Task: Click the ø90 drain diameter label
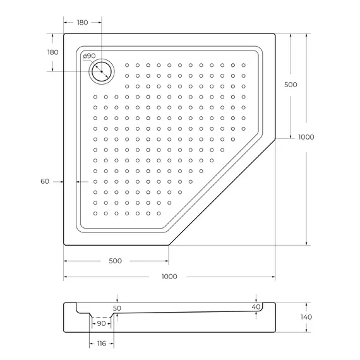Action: (90, 56)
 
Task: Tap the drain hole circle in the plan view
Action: (101, 73)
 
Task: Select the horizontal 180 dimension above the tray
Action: (82, 23)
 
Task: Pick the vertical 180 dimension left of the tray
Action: (53, 52)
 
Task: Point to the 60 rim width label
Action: (45, 181)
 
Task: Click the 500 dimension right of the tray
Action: (291, 85)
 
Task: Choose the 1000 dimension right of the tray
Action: (306, 137)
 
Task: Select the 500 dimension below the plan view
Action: (116, 261)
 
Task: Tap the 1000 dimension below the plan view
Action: (169, 276)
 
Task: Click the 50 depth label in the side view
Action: (117, 308)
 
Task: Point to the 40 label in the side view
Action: (256, 307)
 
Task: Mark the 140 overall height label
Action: (306, 317)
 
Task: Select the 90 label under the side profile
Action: (101, 323)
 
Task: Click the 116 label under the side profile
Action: (100, 343)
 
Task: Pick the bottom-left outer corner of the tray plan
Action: (64, 245)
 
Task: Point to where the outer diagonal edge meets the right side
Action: (275, 140)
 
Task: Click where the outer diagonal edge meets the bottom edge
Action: (169, 245)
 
